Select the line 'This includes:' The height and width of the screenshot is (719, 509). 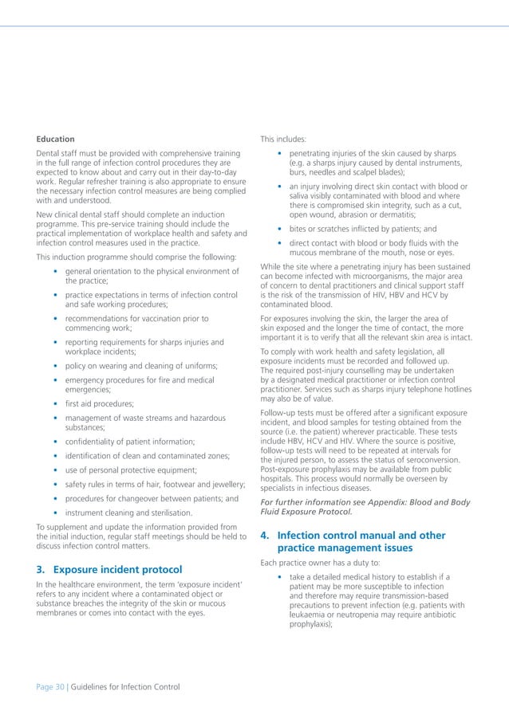point(283,139)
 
